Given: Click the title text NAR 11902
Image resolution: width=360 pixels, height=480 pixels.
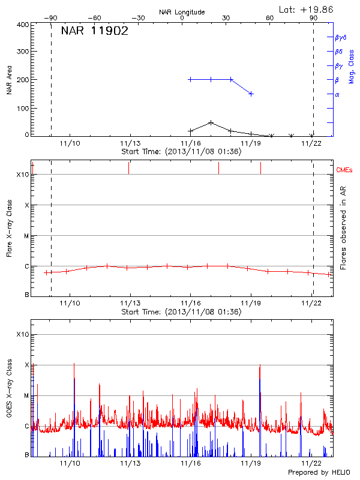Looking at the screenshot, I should click(x=94, y=32).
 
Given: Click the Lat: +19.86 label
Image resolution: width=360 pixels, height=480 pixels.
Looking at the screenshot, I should click(x=307, y=9).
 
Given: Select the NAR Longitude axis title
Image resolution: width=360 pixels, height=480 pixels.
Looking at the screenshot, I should click(x=182, y=12).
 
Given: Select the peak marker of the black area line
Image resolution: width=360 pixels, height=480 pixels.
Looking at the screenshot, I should click(x=211, y=122).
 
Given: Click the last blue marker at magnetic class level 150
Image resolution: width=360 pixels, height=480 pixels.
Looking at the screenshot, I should click(x=251, y=94).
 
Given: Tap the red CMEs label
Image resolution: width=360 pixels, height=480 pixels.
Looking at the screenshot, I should click(x=344, y=170).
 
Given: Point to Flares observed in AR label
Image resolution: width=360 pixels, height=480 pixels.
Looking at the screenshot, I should click(x=343, y=229).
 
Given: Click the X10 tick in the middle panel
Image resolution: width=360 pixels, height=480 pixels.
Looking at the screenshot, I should click(x=22, y=175).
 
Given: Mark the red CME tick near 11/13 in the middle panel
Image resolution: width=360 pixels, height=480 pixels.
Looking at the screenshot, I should click(x=128, y=168).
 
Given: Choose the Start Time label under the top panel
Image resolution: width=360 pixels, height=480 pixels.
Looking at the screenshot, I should click(x=181, y=151).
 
